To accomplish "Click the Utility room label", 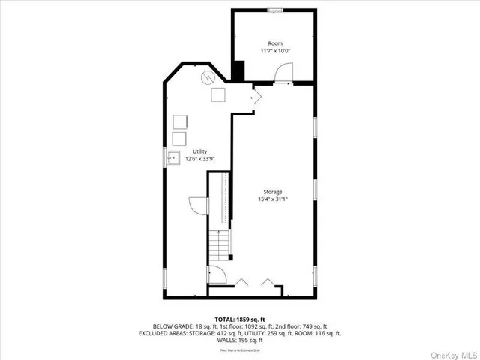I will click(199, 151).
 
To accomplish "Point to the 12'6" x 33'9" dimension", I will click(199, 158).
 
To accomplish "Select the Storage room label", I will click(272, 192).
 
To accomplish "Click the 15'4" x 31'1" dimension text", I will click(272, 199).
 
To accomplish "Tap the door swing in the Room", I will click(283, 73).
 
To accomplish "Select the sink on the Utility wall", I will click(172, 157).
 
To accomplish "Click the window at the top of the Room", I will click(276, 10).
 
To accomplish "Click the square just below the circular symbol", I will click(219, 94).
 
